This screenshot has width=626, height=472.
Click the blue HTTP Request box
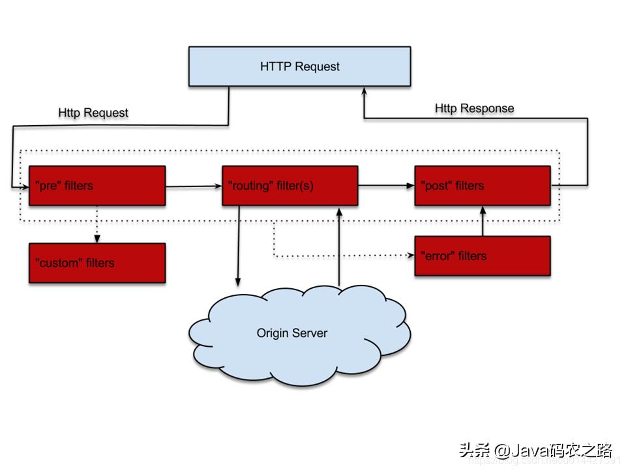point(299,66)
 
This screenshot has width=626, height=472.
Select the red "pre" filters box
point(97,186)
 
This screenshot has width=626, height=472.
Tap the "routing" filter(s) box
point(290,186)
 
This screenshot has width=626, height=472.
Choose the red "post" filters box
point(482,186)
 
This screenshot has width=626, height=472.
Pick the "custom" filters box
point(97,263)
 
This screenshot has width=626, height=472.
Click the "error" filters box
point(482,256)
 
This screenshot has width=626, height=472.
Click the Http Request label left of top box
point(93,113)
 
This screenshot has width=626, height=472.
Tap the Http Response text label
point(474,108)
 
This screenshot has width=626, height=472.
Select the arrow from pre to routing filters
point(194,186)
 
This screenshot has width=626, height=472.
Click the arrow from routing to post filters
point(386,186)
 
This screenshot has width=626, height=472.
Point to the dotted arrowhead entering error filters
point(410,256)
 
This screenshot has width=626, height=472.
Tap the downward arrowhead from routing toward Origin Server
point(238,282)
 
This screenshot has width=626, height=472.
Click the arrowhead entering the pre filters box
point(25,186)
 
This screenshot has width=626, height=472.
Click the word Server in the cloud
point(310,333)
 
